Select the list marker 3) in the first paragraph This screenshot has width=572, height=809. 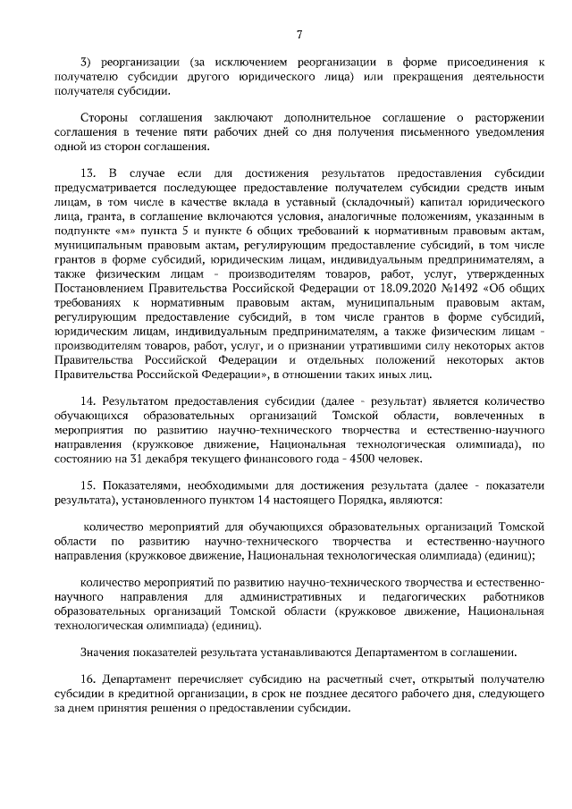[x=87, y=63]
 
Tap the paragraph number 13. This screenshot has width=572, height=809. [x=88, y=172]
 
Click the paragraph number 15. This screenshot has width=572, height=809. [x=88, y=484]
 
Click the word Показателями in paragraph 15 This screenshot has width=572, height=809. [x=139, y=484]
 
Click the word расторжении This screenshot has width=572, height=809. [x=509, y=118]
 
